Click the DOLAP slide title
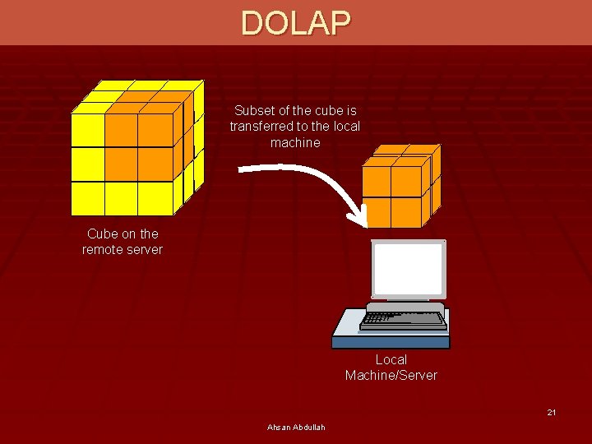coord(296,23)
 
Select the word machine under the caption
coord(295,143)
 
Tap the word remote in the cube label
coord(102,249)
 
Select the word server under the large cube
coord(144,249)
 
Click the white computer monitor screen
coord(409,270)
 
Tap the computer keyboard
coord(404,317)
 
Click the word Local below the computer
coord(391,359)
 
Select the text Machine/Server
coord(391,376)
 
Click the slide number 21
coord(552,412)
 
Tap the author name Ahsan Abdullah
coord(296,427)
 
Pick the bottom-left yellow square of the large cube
coord(87,197)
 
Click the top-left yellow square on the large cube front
coord(87,130)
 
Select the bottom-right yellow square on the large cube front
coord(155,197)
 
